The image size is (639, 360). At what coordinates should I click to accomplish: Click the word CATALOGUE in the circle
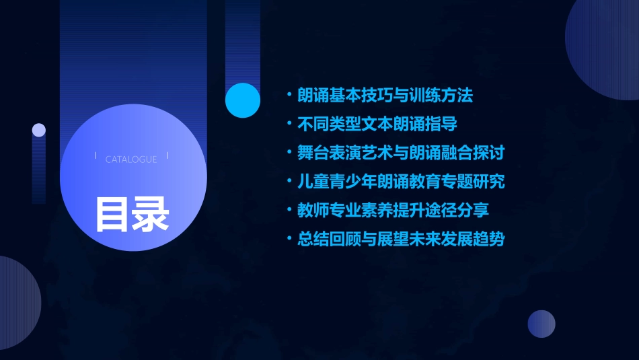(x=131, y=159)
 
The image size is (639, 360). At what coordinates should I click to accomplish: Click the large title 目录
(x=132, y=214)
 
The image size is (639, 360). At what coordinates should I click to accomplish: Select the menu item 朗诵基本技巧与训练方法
(x=385, y=96)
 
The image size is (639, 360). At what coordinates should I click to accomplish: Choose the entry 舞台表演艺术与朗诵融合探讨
(x=401, y=153)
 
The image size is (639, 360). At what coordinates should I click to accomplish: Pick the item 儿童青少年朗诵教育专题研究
(x=401, y=182)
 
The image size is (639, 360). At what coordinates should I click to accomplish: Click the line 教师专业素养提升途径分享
(x=393, y=210)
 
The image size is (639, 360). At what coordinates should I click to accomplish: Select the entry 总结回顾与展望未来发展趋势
(x=401, y=239)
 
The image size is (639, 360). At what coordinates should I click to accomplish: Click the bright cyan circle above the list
(x=243, y=100)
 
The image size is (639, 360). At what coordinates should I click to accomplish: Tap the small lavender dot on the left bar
(x=39, y=130)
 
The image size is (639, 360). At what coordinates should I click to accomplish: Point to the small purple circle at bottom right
(x=541, y=324)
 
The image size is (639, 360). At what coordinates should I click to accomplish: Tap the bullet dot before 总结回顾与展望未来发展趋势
(x=289, y=239)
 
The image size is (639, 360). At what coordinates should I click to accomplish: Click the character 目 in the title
(x=112, y=214)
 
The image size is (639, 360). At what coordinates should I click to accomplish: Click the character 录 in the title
(x=151, y=214)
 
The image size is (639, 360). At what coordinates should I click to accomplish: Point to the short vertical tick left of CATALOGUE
(x=96, y=155)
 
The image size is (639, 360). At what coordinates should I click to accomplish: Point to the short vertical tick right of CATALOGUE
(x=167, y=155)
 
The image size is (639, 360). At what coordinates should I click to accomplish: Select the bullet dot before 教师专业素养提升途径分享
(x=289, y=210)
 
